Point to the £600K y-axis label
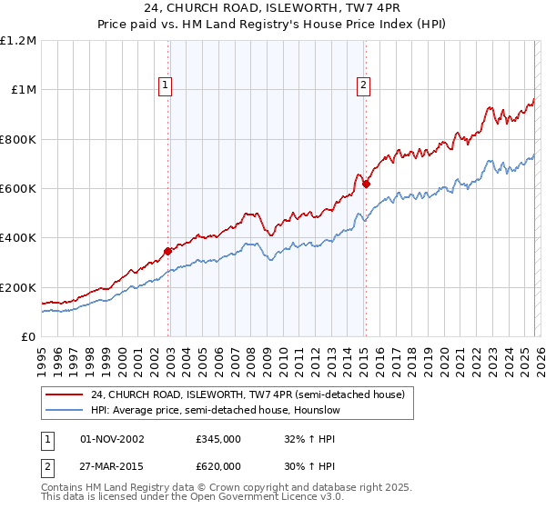(x=18, y=189)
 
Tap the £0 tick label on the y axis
(x=29, y=337)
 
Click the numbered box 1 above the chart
(x=166, y=85)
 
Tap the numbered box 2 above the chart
(x=363, y=85)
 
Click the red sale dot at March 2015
(x=366, y=184)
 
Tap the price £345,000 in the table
(x=218, y=438)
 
